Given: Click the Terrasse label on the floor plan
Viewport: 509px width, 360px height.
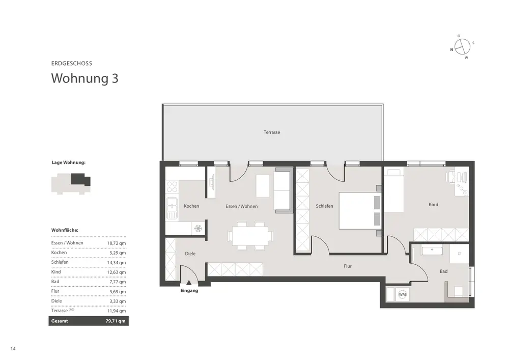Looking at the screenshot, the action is tap(272, 132).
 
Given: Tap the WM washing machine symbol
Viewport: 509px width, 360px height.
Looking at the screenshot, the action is tap(402, 294).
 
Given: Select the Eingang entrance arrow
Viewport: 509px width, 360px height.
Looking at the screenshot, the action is tap(189, 283).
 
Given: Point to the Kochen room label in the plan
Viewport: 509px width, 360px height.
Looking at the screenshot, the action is tap(191, 206).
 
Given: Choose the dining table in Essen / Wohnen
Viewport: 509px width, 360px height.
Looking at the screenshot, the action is tap(248, 235).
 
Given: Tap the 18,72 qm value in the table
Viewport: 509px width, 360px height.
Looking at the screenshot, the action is tap(116, 243).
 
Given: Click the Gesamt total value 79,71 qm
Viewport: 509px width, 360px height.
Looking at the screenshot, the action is tap(115, 321).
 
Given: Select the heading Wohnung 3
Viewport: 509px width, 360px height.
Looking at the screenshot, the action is tap(84, 78).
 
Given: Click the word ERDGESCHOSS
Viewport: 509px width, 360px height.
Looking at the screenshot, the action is tap(71, 63).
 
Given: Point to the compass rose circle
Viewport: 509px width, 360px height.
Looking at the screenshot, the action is tap(462, 47).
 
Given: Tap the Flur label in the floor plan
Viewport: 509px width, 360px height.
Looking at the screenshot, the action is tap(348, 266).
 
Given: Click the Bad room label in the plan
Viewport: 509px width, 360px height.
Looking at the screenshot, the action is tap(443, 271).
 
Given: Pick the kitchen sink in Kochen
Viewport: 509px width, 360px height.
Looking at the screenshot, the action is tap(172, 208).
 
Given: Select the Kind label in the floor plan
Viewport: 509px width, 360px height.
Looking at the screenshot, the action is tap(433, 205).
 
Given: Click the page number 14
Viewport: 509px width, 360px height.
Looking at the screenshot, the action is tap(13, 349).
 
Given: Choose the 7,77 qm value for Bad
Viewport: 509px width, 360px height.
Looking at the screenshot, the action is tap(118, 282).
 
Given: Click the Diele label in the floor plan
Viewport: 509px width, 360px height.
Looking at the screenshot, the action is tap(190, 254).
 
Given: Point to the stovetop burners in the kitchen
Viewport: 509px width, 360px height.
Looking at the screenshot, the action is tap(172, 188).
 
